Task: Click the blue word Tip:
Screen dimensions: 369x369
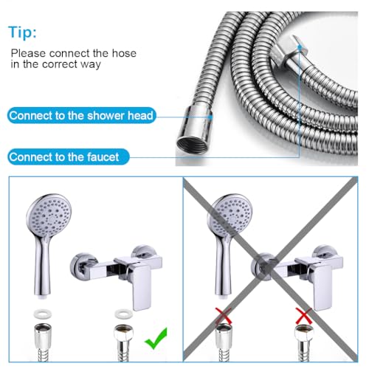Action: [x=22, y=32]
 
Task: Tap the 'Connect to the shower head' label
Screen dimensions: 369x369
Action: [x=81, y=115]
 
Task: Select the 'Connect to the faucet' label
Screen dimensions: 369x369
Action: [x=69, y=157]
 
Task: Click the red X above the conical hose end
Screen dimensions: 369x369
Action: [x=224, y=316]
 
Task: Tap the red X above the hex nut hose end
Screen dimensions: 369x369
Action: [x=304, y=316]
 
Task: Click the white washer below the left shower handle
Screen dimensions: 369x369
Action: [x=43, y=314]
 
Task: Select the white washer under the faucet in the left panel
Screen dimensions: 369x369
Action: [x=124, y=314]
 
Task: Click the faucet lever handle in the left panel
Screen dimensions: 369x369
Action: [x=141, y=286]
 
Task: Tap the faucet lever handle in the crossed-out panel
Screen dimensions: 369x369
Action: [x=322, y=286]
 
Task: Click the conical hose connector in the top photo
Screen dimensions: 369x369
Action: [x=194, y=131]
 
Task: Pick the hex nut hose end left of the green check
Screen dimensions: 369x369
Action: [x=124, y=334]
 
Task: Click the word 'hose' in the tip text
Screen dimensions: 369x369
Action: [x=124, y=53]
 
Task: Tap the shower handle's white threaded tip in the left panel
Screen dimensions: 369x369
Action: [x=43, y=297]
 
